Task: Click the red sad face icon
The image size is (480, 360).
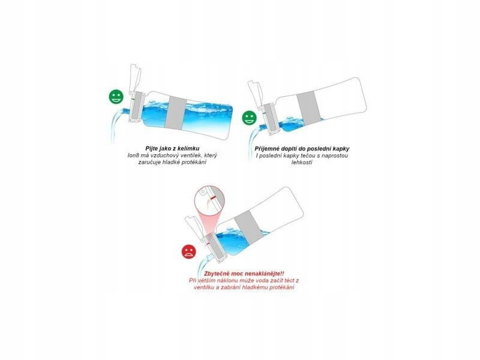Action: (189, 251)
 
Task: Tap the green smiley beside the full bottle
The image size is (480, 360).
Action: (116, 97)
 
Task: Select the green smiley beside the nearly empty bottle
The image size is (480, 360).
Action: (250, 118)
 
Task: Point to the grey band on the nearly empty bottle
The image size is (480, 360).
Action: (309, 108)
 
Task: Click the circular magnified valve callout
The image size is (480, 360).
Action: (209, 199)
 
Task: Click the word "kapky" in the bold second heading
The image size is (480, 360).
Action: (341, 149)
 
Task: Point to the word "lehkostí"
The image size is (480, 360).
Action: (302, 162)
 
